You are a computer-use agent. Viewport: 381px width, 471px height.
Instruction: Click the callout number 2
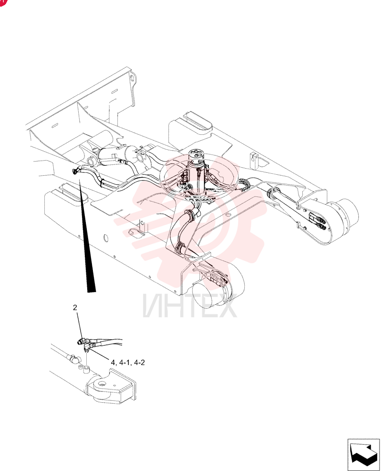(75, 307)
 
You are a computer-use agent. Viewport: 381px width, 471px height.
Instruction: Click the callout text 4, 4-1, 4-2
(128, 363)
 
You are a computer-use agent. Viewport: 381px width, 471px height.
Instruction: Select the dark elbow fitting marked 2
(81, 341)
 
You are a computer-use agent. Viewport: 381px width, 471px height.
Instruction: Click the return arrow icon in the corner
(364, 455)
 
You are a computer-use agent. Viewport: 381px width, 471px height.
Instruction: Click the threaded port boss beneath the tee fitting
(87, 369)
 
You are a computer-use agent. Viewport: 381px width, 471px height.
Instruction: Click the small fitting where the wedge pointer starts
(75, 171)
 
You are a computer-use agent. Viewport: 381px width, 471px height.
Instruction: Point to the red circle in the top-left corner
(2, 2)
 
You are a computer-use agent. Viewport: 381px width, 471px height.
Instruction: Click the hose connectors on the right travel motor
(317, 222)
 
